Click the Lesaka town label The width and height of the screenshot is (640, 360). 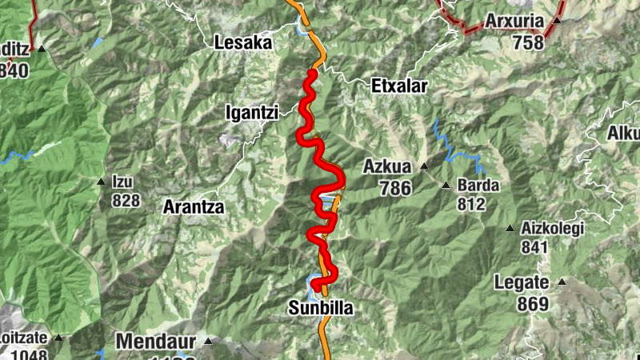[244, 43]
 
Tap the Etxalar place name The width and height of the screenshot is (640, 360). [400, 86]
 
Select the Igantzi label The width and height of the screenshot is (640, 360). [251, 114]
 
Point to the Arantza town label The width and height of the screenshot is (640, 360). [194, 206]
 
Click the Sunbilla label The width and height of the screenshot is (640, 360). [320, 308]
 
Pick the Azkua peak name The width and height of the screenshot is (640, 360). [386, 167]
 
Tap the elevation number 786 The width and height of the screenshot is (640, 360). [395, 188]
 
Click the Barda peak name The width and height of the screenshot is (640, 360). [478, 186]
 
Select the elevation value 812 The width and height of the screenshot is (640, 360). [472, 205]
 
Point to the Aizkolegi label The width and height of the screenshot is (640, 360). [553, 228]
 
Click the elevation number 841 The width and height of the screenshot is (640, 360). [534, 247]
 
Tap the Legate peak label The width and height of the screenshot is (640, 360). [522, 282]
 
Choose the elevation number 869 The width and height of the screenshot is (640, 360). [533, 304]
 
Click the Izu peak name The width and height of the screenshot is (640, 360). [122, 182]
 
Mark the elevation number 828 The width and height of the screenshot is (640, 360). [126, 200]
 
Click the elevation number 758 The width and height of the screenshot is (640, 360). [529, 42]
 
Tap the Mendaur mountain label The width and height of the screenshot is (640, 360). [156, 342]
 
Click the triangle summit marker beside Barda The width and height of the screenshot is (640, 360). [446, 186]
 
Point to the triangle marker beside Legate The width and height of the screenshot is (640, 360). [562, 282]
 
